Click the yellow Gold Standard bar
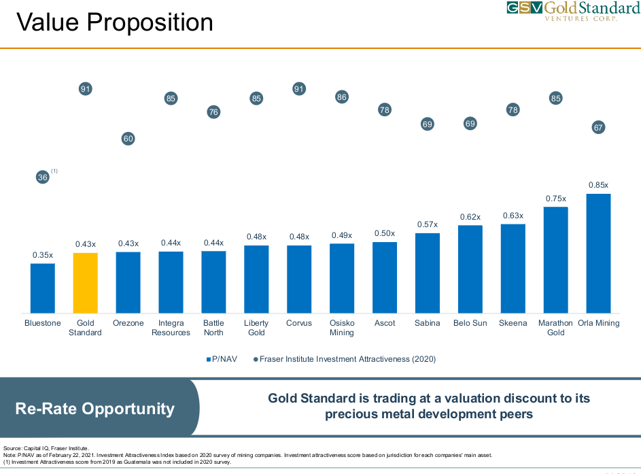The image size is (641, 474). (x=86, y=282)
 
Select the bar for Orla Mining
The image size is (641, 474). (x=598, y=253)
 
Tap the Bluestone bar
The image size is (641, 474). (x=43, y=288)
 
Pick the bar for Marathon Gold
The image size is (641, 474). (x=555, y=259)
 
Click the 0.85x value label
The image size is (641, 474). (x=598, y=185)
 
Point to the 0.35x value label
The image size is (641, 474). (x=43, y=255)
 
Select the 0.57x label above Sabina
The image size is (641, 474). (x=427, y=224)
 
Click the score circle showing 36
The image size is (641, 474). (x=43, y=177)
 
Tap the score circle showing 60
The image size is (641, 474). (x=128, y=139)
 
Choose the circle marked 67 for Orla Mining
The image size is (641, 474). (x=598, y=128)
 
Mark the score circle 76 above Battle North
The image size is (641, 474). (x=213, y=112)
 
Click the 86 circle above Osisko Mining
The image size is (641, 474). (x=342, y=97)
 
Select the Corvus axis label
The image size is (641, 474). (x=299, y=323)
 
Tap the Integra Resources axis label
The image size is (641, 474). (x=171, y=328)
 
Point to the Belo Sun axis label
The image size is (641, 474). (x=470, y=323)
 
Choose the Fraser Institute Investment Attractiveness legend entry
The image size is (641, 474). (x=345, y=358)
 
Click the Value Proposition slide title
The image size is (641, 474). (x=114, y=23)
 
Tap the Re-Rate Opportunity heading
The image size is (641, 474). (x=95, y=409)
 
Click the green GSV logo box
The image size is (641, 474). (x=524, y=8)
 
